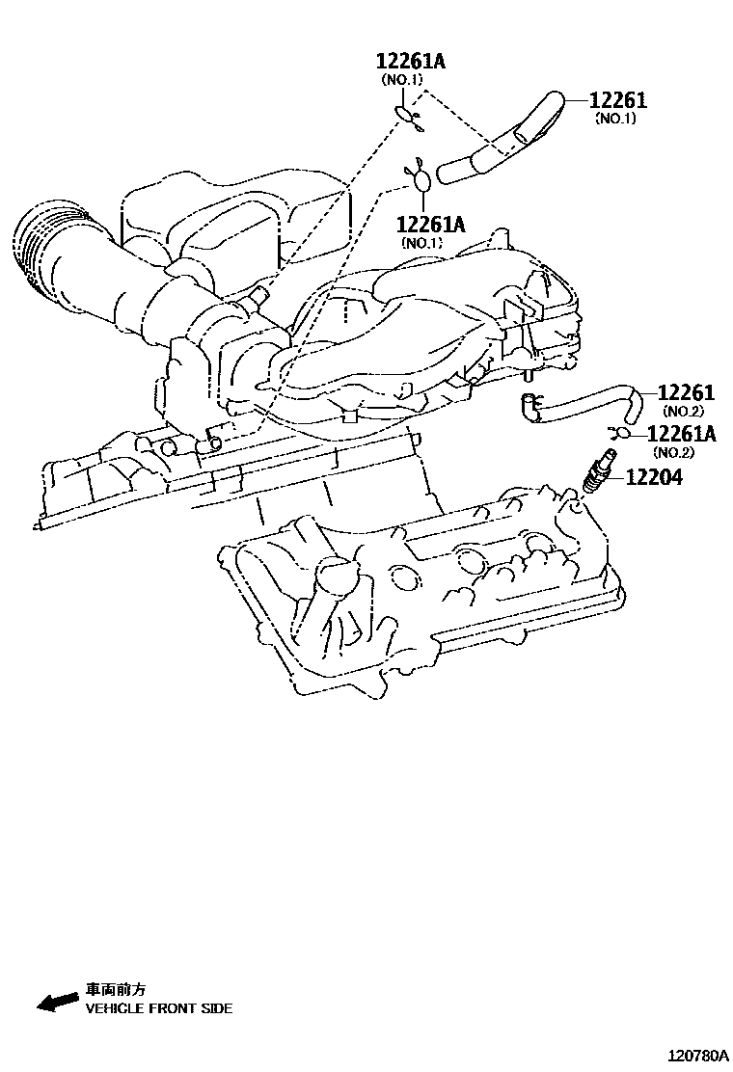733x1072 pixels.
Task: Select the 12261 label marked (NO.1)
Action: tap(618, 100)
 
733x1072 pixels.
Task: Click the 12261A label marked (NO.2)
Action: tap(681, 434)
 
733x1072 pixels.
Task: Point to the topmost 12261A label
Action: tap(410, 62)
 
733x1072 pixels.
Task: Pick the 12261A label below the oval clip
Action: tap(430, 225)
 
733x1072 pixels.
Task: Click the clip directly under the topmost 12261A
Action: tap(409, 117)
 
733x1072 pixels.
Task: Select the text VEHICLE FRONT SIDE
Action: tap(159, 1008)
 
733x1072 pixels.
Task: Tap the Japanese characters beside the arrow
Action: tap(116, 989)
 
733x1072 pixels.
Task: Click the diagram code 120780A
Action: tap(692, 1056)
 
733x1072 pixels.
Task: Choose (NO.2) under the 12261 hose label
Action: tap(686, 412)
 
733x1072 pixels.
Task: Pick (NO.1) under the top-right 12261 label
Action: tap(615, 119)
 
